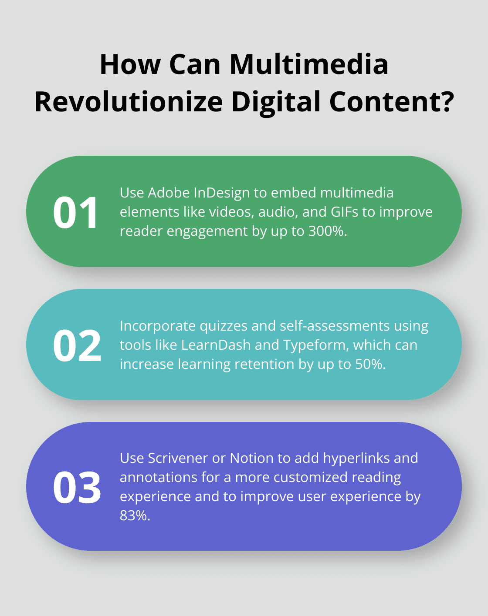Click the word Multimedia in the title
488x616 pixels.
[x=308, y=64]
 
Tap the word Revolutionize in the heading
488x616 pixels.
[x=129, y=102]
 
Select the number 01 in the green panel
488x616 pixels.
[x=76, y=213]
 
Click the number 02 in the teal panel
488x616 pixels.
[x=77, y=346]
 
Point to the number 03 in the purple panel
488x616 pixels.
[x=77, y=488]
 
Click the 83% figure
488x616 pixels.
[x=135, y=516]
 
